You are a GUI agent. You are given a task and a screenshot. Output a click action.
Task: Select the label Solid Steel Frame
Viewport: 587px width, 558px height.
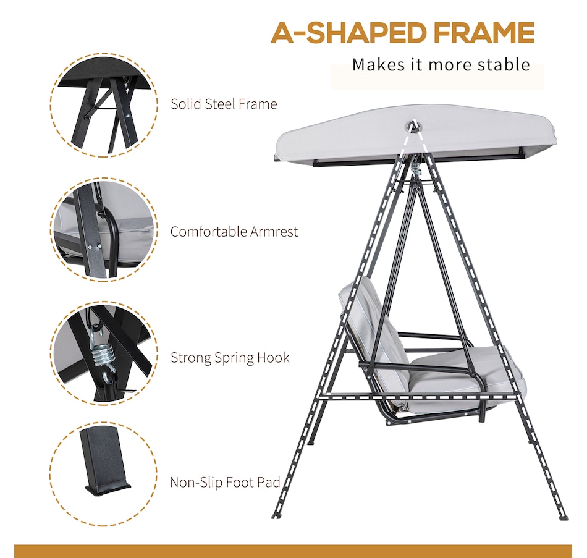click(224, 104)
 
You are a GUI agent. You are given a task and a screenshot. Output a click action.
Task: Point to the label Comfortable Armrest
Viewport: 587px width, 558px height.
click(234, 232)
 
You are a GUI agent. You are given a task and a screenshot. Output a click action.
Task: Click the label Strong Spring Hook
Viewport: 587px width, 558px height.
click(230, 357)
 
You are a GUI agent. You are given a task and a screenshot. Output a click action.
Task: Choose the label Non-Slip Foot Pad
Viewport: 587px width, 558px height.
click(225, 482)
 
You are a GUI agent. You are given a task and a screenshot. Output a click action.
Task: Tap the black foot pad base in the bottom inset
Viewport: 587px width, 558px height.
click(108, 489)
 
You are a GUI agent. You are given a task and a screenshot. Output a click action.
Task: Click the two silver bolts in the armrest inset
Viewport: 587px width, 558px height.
click(94, 247)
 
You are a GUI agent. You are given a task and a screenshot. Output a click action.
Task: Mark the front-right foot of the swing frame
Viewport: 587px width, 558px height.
click(563, 517)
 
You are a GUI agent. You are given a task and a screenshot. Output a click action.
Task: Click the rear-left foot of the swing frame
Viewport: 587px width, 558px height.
click(311, 442)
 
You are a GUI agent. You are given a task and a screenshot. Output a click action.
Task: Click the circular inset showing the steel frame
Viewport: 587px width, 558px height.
click(104, 105)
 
